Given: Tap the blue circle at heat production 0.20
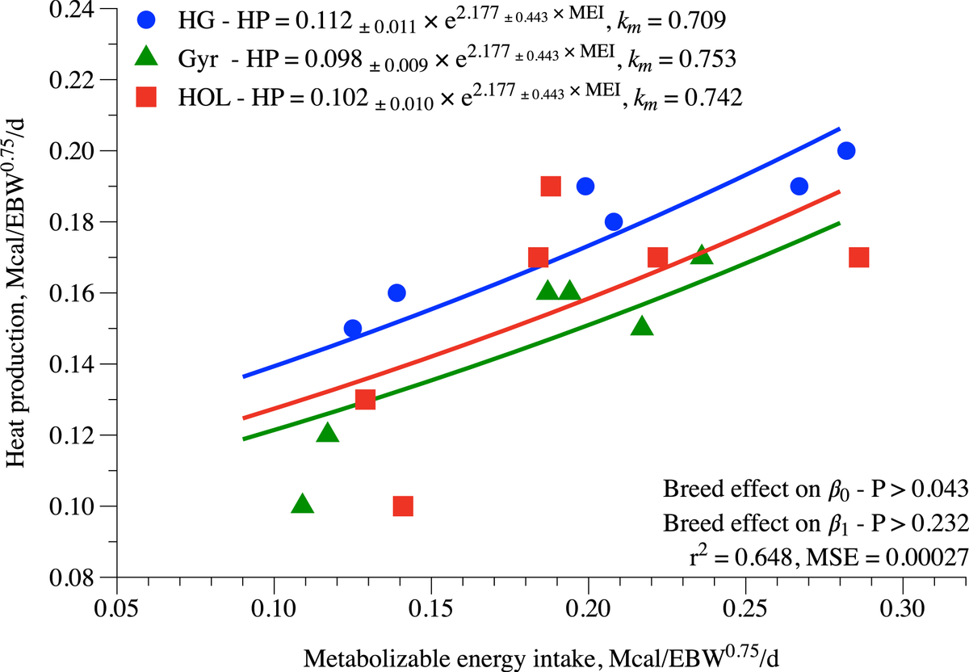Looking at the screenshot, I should coord(846,151).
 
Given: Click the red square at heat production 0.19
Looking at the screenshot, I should coord(551,187).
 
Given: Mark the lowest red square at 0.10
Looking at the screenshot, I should coord(403,506).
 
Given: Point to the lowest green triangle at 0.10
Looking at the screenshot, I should coord(303,504).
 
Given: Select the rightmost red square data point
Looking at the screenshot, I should coord(859,258).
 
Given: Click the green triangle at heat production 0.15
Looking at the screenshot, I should coord(642,326).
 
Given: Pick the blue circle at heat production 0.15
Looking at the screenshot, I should coord(353,329).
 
